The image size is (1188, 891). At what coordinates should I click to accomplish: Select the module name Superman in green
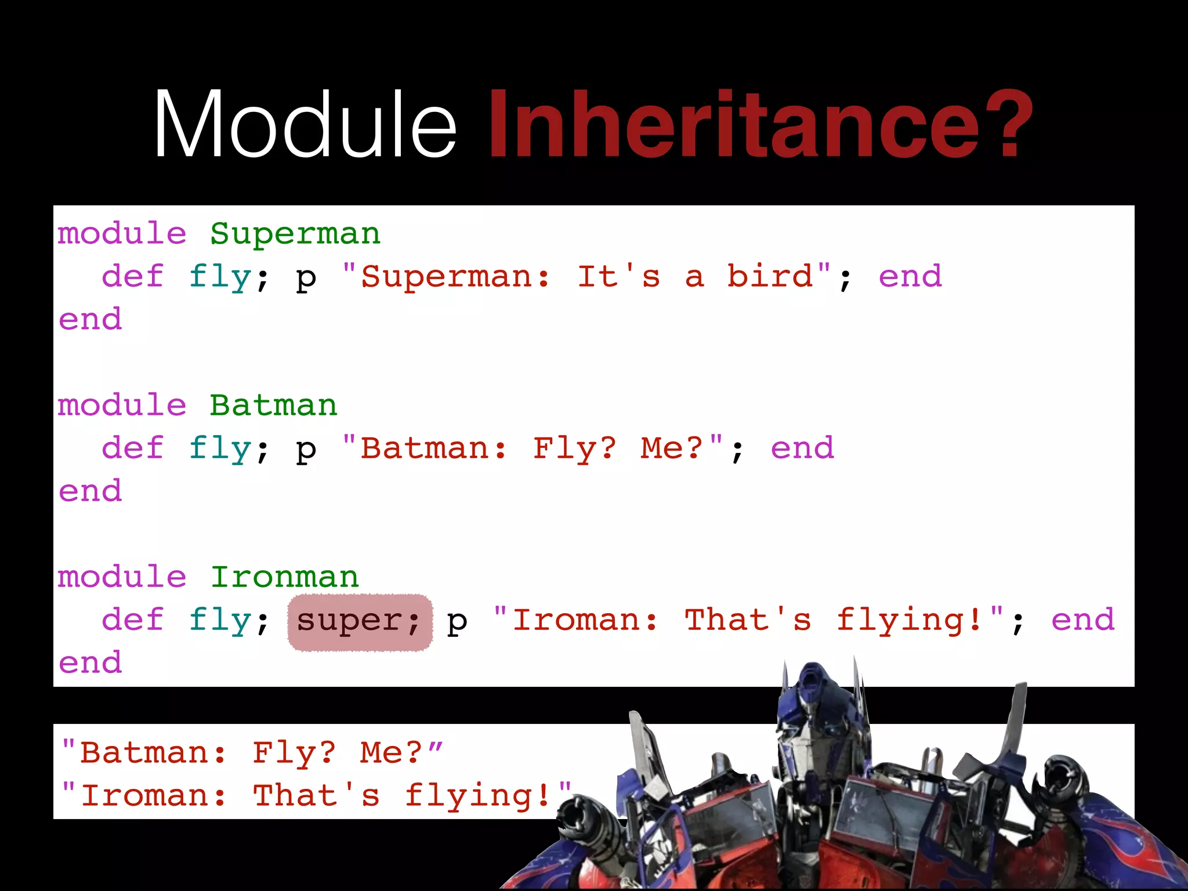(295, 234)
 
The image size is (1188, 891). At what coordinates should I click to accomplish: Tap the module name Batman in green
(273, 405)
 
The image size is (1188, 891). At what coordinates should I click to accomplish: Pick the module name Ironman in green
(284, 577)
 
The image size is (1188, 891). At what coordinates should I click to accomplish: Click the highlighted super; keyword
(360, 621)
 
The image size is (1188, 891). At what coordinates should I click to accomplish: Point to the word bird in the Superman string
(770, 277)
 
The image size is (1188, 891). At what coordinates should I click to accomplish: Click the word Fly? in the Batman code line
(575, 448)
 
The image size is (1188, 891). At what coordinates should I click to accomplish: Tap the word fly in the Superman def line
(220, 277)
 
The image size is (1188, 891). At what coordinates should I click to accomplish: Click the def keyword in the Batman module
(133, 448)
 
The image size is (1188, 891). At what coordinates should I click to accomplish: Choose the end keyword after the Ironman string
(1082, 620)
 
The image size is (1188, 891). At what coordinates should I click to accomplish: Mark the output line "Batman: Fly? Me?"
(252, 754)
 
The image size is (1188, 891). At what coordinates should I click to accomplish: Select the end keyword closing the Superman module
(90, 320)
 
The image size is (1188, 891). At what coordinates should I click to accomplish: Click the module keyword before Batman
(122, 405)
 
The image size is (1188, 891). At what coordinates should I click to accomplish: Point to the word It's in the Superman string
(619, 277)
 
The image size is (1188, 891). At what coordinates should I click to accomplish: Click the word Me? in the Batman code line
(672, 448)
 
